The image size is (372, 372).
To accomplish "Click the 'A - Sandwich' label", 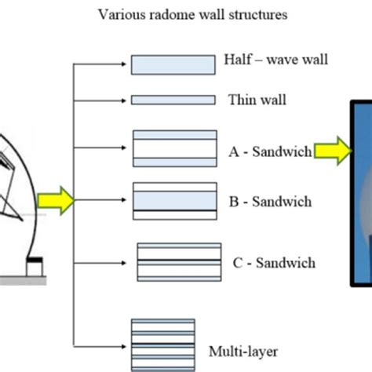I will (269, 151).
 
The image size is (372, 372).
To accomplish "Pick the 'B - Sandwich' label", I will (269, 202).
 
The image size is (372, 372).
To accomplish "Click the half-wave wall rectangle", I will (173, 64).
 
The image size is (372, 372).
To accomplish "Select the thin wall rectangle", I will (173, 100).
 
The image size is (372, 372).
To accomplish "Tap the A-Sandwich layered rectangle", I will (174, 148).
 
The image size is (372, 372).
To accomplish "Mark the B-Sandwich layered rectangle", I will (174, 200).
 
